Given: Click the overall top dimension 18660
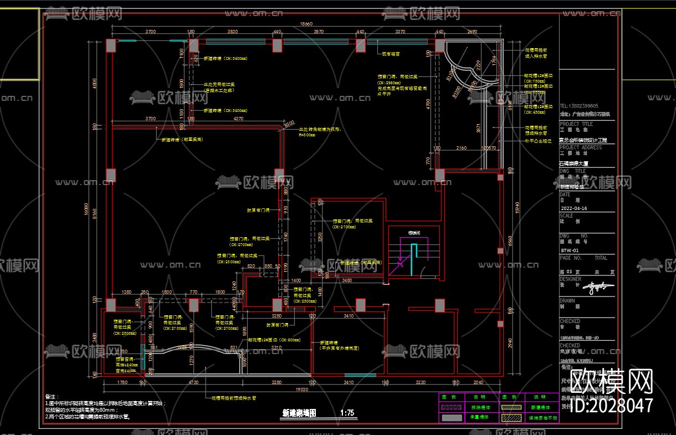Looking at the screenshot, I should pos(306,24).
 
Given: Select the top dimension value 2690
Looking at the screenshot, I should pos(472,32).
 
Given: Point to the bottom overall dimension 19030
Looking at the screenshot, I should pos(302,390).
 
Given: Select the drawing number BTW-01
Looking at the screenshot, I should pos(570,250).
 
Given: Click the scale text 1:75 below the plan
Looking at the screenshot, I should pos(347,413).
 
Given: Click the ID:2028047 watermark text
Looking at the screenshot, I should pos(611,406).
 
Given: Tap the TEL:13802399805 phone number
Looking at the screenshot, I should pos(579,106).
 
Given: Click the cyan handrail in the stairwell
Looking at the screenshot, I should pos(412,260).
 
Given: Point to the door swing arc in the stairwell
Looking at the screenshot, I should pos(423,272).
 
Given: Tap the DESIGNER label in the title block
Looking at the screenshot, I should pos(571,279).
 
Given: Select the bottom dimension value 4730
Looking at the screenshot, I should pos(193,382).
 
